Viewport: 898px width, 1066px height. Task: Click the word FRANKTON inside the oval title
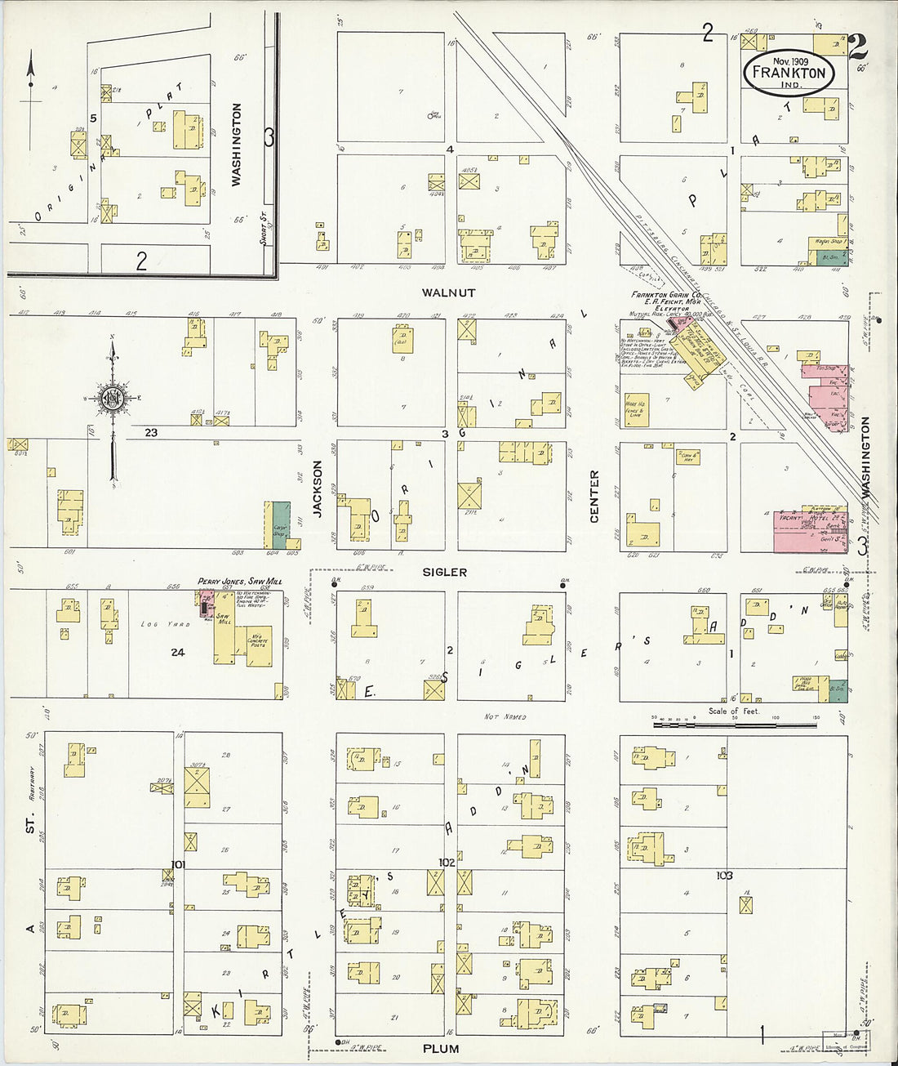(789, 73)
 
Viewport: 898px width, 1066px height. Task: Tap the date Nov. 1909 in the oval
(789, 60)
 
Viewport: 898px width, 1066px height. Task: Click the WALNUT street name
(448, 292)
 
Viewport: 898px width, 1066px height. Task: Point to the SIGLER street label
(445, 573)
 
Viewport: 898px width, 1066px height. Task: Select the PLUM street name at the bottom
(441, 1048)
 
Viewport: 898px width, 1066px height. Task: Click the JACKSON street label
(318, 488)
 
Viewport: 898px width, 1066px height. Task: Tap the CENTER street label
(594, 496)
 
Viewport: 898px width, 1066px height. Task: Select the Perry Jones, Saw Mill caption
(240, 582)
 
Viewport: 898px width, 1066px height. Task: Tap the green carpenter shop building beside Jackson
(281, 524)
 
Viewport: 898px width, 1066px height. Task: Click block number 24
(178, 652)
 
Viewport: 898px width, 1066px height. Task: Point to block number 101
(178, 864)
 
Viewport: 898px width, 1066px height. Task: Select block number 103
(723, 876)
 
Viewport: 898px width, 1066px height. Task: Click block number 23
(151, 432)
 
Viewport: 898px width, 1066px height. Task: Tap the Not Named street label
(505, 717)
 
